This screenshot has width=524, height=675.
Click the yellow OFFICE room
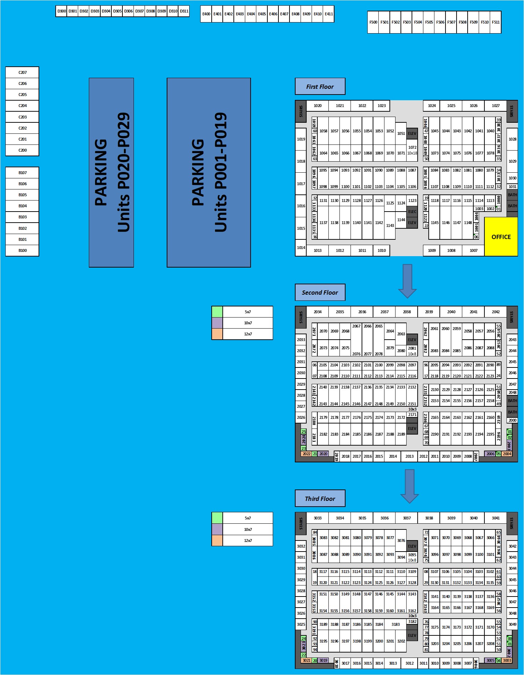[x=501, y=237]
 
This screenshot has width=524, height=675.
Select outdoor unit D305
[x=117, y=11]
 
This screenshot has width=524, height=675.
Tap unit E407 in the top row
[x=284, y=14]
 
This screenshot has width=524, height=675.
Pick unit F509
[x=473, y=22]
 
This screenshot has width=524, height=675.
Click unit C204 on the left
[x=22, y=106]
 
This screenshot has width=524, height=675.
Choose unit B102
[x=22, y=228]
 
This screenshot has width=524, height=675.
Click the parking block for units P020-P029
[x=111, y=172]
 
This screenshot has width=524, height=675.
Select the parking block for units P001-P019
[x=208, y=172]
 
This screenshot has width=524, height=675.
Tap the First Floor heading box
[x=320, y=86]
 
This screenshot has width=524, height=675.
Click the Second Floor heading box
[x=320, y=293]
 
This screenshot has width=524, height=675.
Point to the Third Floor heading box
[x=320, y=498]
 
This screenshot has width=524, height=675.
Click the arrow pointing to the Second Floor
[x=407, y=280]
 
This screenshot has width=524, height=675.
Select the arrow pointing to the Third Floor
[x=409, y=486]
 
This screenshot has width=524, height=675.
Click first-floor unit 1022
[x=362, y=106]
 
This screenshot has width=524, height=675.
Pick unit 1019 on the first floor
[x=301, y=139]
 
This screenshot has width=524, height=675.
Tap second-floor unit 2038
[x=407, y=312]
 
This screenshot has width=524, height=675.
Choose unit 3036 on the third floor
[x=384, y=518]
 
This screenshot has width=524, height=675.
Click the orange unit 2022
[x=306, y=454]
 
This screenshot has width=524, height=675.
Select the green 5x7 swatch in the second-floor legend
[x=217, y=312]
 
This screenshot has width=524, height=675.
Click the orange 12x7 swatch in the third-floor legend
[x=217, y=540]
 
